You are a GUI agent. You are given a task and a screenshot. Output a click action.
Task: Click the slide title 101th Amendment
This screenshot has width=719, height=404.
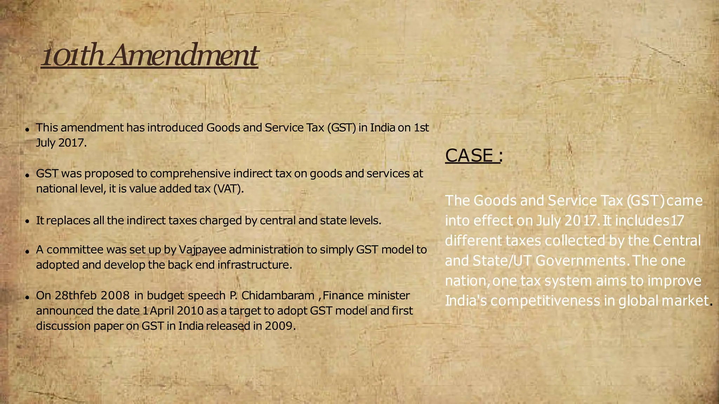[150, 55]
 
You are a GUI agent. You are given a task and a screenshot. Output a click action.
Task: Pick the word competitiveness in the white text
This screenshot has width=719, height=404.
[545, 301]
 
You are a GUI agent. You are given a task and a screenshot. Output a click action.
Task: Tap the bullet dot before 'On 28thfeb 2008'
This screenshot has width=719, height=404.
[27, 297]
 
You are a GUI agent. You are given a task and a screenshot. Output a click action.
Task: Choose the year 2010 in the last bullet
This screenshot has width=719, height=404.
[190, 311]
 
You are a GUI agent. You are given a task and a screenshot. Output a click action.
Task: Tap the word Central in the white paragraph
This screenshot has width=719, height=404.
[677, 241]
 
